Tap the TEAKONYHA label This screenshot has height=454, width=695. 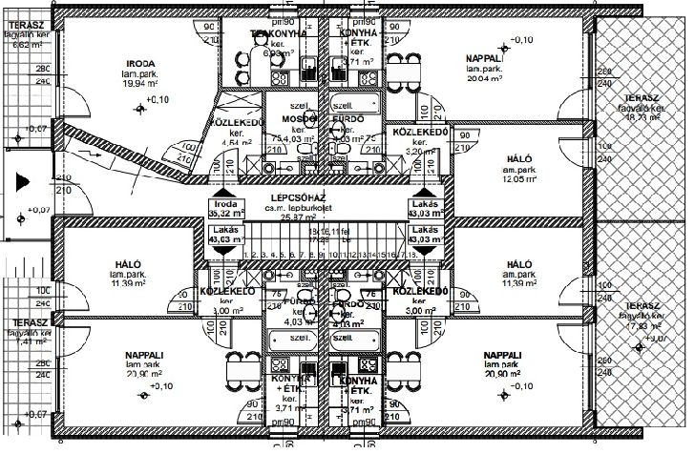point(278,33)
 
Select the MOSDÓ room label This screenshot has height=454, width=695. point(285,119)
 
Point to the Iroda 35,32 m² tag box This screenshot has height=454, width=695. point(225,209)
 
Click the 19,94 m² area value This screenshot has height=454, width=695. point(139,83)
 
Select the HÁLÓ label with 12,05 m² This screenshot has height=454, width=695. point(519,159)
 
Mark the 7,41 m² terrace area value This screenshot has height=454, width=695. point(22,340)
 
